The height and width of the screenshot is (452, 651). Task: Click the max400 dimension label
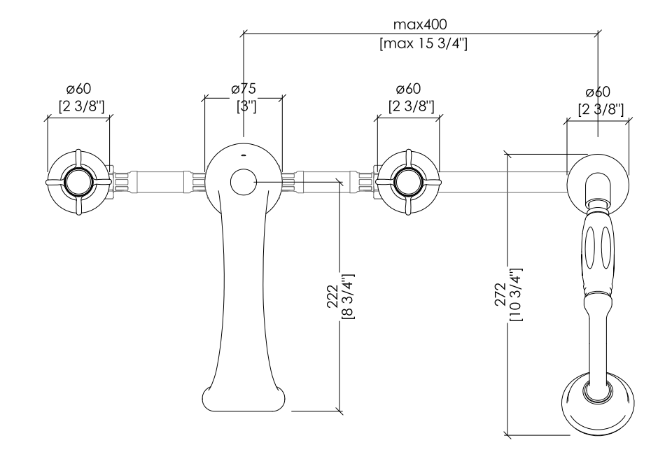pyautogui.click(x=420, y=24)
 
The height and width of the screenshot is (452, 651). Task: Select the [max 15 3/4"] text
pyautogui.click(x=423, y=43)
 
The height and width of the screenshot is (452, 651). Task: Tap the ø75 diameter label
pyautogui.click(x=244, y=89)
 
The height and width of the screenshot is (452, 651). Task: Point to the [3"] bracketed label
pyautogui.click(x=246, y=106)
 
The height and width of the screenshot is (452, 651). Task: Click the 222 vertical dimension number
pyautogui.click(x=332, y=297)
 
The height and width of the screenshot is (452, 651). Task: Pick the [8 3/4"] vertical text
pyautogui.click(x=348, y=297)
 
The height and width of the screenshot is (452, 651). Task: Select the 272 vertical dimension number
pyautogui.click(x=500, y=295)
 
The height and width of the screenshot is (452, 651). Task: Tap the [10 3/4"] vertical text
pyautogui.click(x=516, y=295)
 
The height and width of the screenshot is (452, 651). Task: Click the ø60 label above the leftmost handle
pyautogui.click(x=78, y=89)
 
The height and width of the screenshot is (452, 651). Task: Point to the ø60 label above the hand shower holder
pyautogui.click(x=598, y=92)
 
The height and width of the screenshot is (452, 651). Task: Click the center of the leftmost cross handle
pyautogui.click(x=78, y=182)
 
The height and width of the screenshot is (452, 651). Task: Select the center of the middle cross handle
pyautogui.click(x=408, y=182)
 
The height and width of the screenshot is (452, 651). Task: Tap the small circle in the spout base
pyautogui.click(x=244, y=182)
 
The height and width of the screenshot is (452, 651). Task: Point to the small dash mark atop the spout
pyautogui.click(x=244, y=155)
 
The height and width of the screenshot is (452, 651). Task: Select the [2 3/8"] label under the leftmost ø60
pyautogui.click(x=81, y=106)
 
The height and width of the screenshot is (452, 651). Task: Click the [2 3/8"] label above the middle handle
pyautogui.click(x=412, y=106)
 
